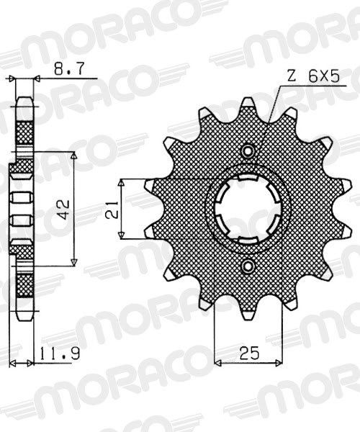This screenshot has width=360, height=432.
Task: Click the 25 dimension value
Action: click(249, 353)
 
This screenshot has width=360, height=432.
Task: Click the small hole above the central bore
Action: click(249, 151)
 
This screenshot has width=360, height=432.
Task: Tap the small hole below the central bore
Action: click(249, 267)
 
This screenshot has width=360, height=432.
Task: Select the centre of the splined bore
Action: click(249, 209)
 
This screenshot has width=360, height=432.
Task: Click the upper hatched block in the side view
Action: click(24, 132)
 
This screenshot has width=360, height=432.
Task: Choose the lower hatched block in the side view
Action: click(24, 284)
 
